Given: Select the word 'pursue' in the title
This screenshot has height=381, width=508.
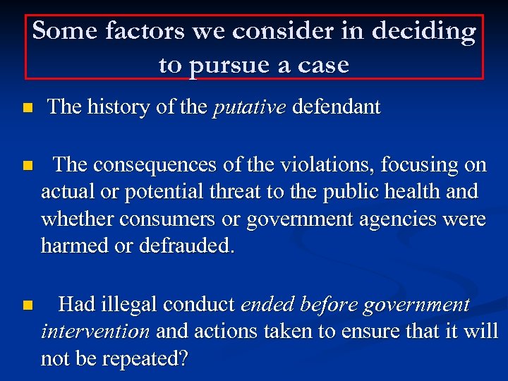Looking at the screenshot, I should [229, 66].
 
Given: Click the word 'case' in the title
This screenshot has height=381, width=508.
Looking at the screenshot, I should [322, 66].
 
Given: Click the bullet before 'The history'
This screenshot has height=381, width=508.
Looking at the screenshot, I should [27, 109].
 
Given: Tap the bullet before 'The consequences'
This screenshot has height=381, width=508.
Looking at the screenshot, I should [27, 167].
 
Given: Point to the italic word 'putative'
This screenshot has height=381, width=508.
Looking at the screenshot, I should [249, 108].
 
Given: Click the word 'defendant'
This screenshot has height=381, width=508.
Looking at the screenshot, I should [336, 107].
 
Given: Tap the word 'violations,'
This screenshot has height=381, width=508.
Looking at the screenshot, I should [329, 165].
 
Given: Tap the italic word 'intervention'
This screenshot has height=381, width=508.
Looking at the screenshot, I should [95, 332].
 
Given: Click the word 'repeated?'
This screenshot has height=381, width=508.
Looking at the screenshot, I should [145, 359].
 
